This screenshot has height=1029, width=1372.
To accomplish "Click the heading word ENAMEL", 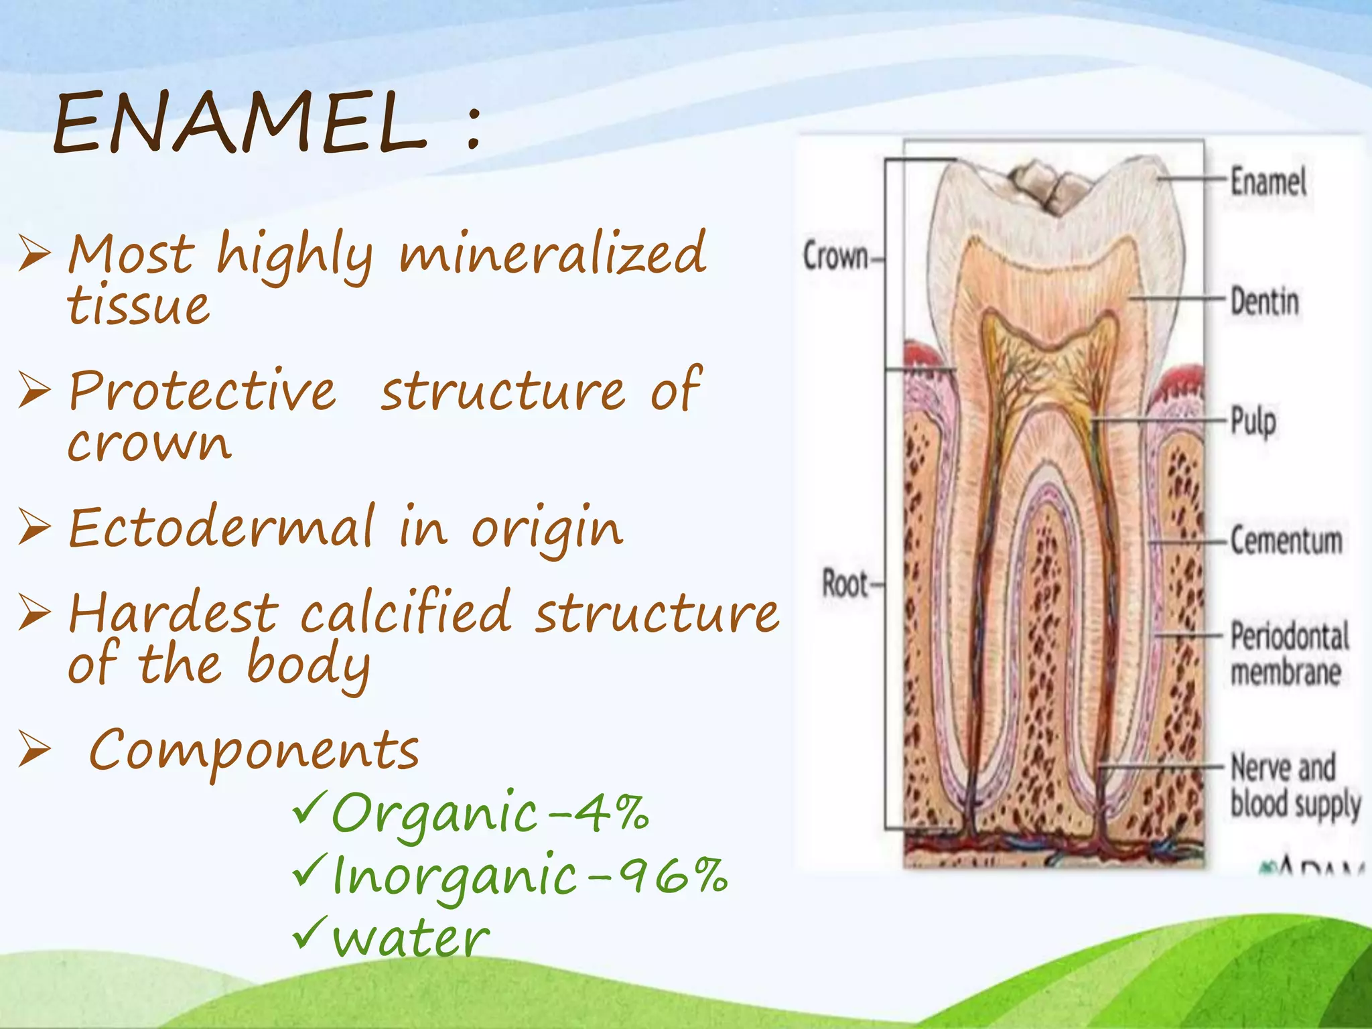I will [240, 123].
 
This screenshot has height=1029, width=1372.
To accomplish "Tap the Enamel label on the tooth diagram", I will [1268, 182].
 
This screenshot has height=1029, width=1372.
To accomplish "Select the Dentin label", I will [1265, 301].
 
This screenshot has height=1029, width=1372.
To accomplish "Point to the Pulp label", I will [1253, 422].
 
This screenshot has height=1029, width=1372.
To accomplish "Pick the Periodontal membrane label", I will [1289, 654].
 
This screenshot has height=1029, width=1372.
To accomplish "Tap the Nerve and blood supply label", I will [1294, 785].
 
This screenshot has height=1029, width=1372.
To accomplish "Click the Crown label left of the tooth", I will [835, 257].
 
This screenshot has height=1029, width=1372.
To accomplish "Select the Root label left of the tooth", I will [845, 584].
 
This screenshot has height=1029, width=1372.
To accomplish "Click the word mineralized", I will [553, 254].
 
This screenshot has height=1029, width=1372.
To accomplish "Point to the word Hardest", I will [173, 612].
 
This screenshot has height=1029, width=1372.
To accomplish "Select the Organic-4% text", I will [489, 813].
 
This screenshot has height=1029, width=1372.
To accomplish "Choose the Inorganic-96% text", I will [529, 876].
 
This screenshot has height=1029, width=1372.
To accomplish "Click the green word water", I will [411, 937].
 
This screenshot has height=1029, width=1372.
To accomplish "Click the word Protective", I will [202, 391].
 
